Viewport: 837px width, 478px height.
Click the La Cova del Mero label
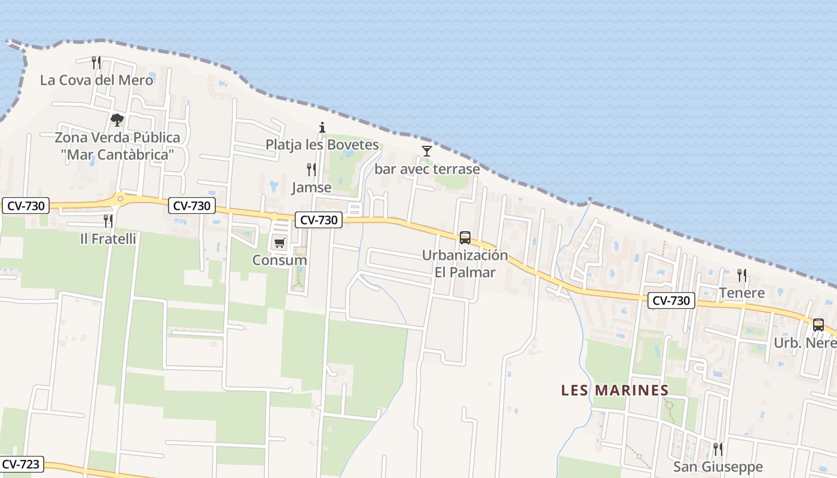click(97, 80)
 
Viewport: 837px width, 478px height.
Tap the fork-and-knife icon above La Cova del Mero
click(96, 62)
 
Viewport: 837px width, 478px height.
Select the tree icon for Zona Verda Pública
click(117, 119)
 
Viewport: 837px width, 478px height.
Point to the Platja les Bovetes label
click(322, 145)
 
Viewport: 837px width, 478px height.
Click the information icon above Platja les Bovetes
click(322, 127)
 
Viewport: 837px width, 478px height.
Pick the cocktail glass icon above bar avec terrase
click(427, 151)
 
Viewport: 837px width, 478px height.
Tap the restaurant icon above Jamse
click(311, 170)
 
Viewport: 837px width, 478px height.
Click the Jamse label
click(311, 188)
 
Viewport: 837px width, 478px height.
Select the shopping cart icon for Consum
click(280, 243)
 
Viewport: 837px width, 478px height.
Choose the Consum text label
click(280, 261)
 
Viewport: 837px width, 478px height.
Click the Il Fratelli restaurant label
click(108, 239)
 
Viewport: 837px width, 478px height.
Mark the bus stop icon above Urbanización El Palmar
click(465, 237)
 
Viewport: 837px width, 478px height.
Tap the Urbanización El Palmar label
click(465, 263)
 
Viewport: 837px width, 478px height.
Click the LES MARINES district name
click(615, 390)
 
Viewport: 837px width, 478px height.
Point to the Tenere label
click(742, 293)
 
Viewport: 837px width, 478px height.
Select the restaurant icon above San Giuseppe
click(718, 449)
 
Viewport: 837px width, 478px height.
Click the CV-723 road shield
click(22, 464)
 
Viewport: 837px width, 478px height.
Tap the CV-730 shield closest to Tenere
click(671, 301)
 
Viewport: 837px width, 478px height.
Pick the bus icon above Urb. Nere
click(818, 325)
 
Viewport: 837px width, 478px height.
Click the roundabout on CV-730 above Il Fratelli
click(120, 199)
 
